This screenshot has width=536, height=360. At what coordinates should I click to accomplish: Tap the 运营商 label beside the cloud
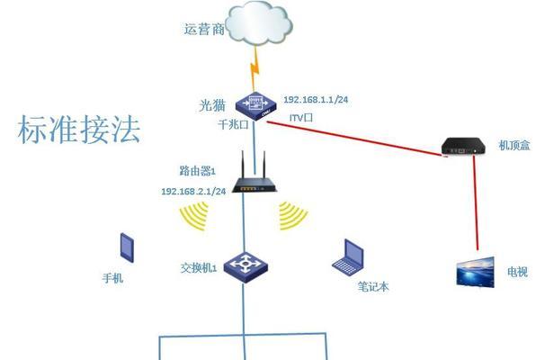click(x=204, y=29)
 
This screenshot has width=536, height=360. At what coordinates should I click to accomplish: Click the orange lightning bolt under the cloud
click(x=255, y=68)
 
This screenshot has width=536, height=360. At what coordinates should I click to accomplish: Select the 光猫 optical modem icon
click(x=256, y=105)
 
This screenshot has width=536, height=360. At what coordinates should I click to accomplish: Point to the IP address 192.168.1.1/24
click(x=316, y=100)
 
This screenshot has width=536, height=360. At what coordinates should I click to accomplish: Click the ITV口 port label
click(x=301, y=118)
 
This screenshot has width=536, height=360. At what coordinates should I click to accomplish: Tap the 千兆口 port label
click(x=233, y=124)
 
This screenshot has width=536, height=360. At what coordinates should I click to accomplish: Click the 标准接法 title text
click(x=79, y=129)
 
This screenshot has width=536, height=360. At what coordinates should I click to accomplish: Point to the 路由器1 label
click(x=198, y=170)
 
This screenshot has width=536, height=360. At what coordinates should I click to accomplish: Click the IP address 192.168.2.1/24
click(x=193, y=192)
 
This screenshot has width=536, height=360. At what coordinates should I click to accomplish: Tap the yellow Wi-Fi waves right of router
click(x=291, y=215)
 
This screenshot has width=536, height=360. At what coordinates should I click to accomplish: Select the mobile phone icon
click(x=127, y=247)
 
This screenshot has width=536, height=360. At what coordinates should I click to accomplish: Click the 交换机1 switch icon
click(x=246, y=268)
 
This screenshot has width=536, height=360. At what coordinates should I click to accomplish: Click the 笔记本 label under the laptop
click(x=373, y=286)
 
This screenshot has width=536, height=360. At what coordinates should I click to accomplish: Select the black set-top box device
click(x=463, y=146)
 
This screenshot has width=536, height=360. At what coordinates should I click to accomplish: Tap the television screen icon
click(x=476, y=272)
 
